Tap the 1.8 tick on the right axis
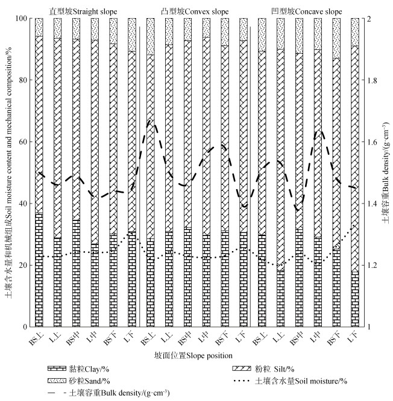[x=373, y=81]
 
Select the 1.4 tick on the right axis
[x=373, y=204]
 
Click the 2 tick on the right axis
[x=370, y=19]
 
